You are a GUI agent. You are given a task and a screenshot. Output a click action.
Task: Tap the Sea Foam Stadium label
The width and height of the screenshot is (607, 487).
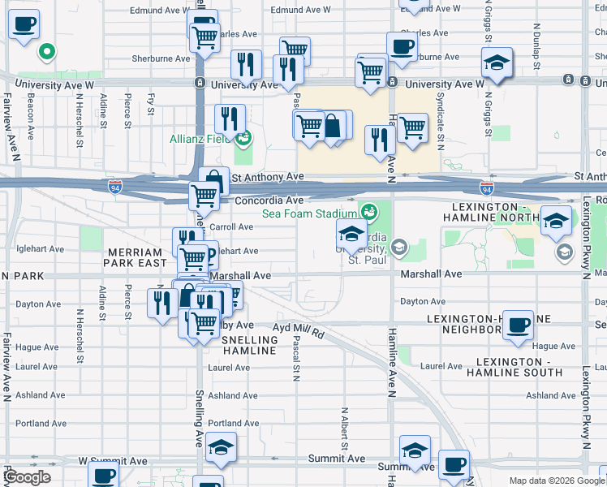[x=310, y=214]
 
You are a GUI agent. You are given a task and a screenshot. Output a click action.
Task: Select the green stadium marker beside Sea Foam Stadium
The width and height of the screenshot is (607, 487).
[x=370, y=213]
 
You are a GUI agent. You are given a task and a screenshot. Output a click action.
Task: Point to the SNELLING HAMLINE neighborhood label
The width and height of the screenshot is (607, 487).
[x=249, y=344]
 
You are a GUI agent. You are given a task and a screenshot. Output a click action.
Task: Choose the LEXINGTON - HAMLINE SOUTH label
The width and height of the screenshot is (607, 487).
[x=519, y=366]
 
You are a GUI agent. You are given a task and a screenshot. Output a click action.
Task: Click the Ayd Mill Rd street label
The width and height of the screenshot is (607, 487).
[x=298, y=331]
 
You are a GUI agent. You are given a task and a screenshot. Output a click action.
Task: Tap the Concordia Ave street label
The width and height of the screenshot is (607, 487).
[x=269, y=200]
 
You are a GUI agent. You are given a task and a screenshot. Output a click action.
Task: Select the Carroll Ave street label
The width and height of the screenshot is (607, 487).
[x=233, y=227]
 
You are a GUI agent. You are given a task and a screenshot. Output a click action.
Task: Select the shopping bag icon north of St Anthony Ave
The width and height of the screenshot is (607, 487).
[x=332, y=126]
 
